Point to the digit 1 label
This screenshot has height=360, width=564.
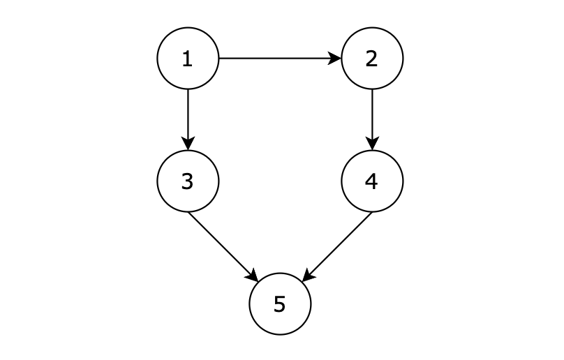(187, 59)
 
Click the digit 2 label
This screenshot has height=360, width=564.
(371, 59)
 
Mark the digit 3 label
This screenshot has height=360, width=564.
(187, 181)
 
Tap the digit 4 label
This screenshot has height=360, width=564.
(371, 181)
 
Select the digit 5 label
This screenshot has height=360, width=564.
(279, 304)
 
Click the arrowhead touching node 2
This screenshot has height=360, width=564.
(336, 59)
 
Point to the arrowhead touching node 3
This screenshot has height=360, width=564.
(188, 145)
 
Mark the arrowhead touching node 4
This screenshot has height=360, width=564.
(372, 145)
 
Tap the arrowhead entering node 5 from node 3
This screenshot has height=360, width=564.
(253, 277)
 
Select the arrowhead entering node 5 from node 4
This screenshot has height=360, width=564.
(307, 277)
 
